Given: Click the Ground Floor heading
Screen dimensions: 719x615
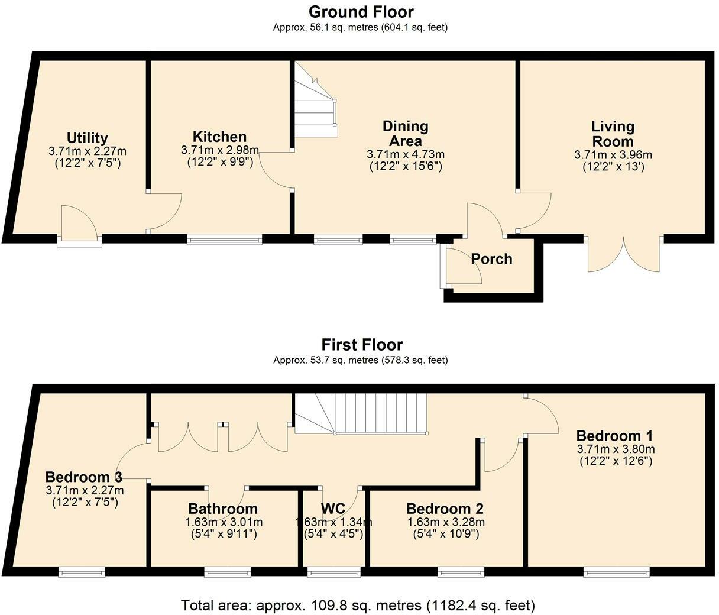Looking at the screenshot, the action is tap(361, 12).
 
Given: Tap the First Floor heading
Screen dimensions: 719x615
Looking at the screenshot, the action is tap(362, 345).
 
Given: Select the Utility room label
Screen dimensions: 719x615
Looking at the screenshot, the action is tap(88, 138).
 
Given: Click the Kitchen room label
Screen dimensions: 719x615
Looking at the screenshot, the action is tap(219, 137).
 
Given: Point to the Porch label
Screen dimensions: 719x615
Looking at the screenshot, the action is tap(491, 259).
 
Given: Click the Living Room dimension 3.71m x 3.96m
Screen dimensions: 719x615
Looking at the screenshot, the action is tap(613, 154).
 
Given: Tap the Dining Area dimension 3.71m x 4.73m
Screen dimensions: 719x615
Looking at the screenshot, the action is tap(406, 154).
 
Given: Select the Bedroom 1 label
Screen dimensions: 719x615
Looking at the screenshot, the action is tap(615, 435).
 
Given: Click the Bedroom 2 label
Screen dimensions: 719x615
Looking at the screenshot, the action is tap(445, 509).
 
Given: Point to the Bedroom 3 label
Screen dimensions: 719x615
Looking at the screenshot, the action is tap(84, 477).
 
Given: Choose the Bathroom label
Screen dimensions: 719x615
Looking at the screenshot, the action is tap(223, 509).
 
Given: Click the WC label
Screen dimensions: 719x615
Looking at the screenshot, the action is tap(333, 509).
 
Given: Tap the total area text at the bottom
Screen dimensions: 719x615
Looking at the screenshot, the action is tap(358, 606).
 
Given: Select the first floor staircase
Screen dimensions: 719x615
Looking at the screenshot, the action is tap(361, 414).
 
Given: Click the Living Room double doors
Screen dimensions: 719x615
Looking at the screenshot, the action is tap(624, 254).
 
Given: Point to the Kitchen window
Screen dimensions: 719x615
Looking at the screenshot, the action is tap(224, 239).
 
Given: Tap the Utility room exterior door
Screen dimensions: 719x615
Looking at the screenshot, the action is tap(79, 226).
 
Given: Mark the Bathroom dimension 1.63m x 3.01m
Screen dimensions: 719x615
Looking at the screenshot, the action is tap(224, 522).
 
